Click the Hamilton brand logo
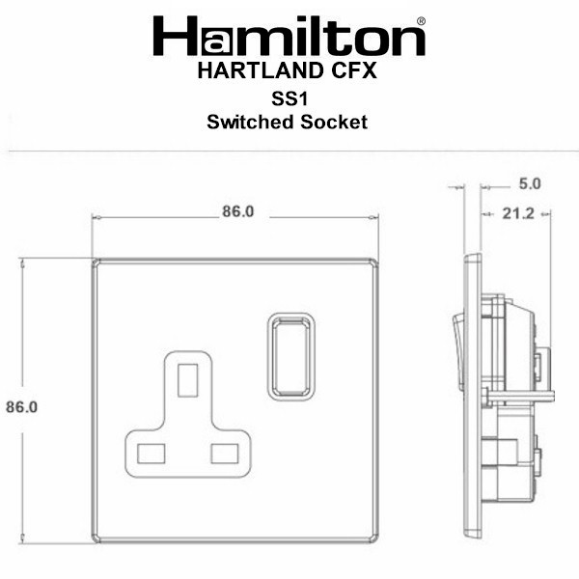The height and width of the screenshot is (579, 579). (x=289, y=36)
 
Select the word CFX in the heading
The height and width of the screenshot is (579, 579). (x=354, y=70)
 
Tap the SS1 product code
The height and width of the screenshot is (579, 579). (x=289, y=98)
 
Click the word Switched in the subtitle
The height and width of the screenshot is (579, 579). (x=250, y=122)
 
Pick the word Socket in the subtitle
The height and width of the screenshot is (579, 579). (x=334, y=122)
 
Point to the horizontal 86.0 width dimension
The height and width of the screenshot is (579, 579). (x=237, y=211)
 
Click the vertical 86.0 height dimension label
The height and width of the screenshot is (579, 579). (x=22, y=407)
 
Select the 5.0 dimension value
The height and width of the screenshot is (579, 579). (x=530, y=184)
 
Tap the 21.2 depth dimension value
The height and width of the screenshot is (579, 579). (x=518, y=213)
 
